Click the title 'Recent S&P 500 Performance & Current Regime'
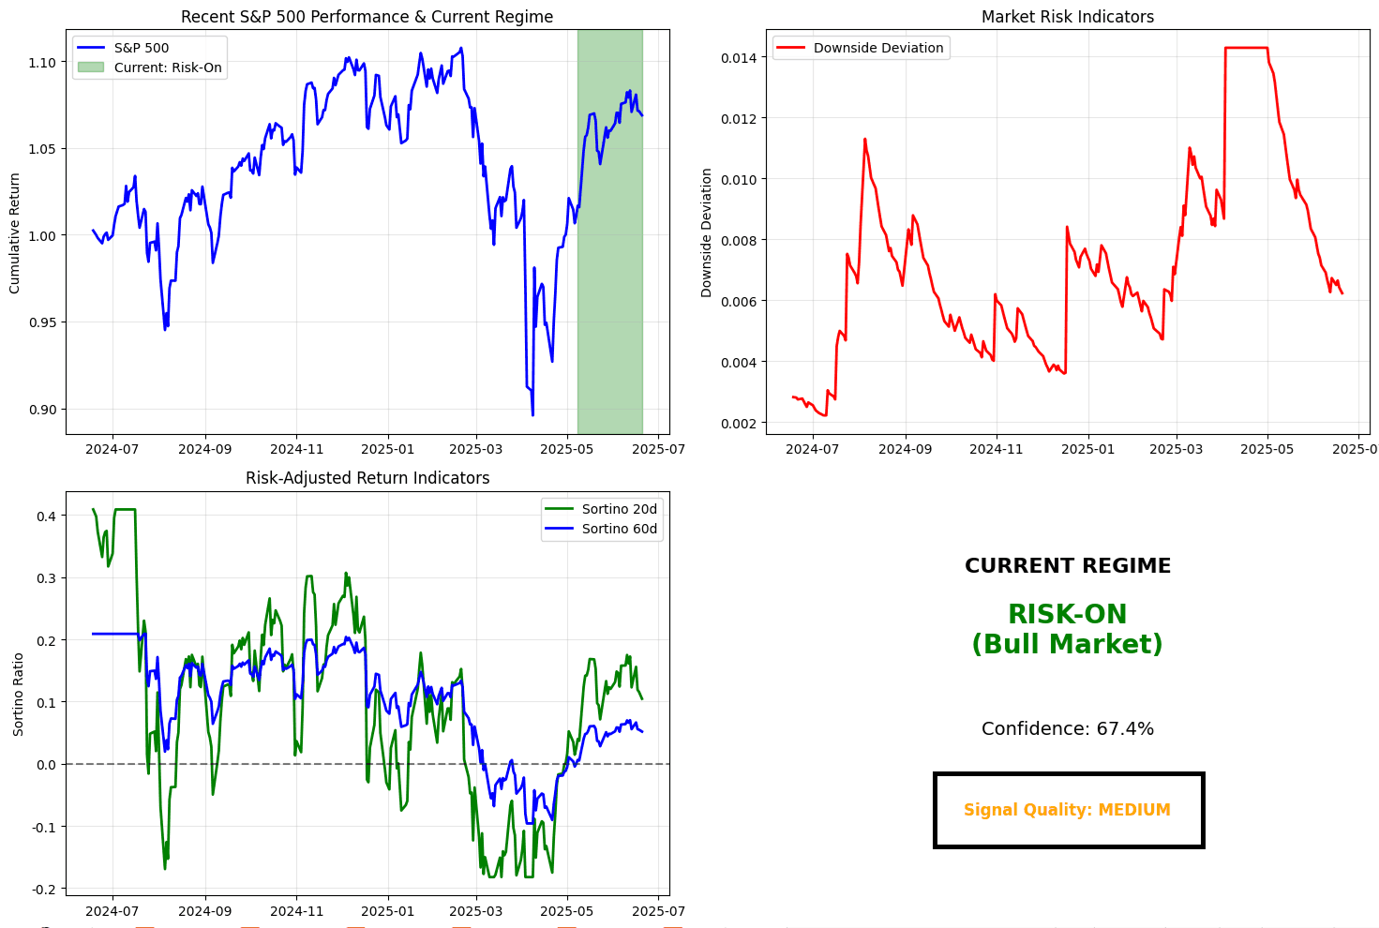pyautogui.click(x=367, y=17)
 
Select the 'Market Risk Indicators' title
pyautogui.click(x=1067, y=17)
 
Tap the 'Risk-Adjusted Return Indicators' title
pyautogui.click(x=367, y=478)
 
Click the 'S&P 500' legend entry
pyautogui.click(x=142, y=48)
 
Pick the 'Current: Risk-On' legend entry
pyautogui.click(x=168, y=67)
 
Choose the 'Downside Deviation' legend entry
pyautogui.click(x=877, y=48)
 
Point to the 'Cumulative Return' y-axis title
pyautogui.click(x=15, y=233)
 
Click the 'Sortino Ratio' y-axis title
pyautogui.click(x=19, y=694)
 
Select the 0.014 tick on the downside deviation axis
pyautogui.click(x=739, y=57)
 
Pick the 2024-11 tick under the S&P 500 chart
pyautogui.click(x=296, y=450)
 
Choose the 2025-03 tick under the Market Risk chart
pyautogui.click(x=1176, y=450)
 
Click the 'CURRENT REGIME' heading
pyautogui.click(x=1067, y=566)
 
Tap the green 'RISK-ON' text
pyautogui.click(x=1067, y=615)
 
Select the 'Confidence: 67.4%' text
pyautogui.click(x=1067, y=729)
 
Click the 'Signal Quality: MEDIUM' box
pyautogui.click(x=1068, y=811)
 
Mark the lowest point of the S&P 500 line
pyautogui.click(x=532, y=415)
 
